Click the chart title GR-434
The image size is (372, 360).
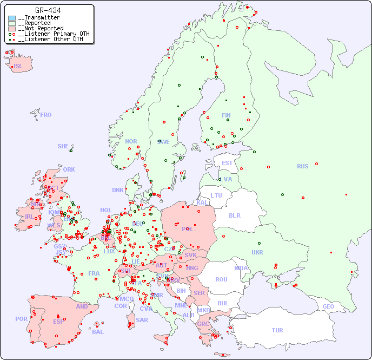pos(48,10)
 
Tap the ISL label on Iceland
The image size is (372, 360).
pos(18,67)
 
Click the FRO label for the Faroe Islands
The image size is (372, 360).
pos(46,115)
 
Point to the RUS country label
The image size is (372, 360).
pos(302,166)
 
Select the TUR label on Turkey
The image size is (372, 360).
pos(277,330)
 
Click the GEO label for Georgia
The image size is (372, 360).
pos(328,306)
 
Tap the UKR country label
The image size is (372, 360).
pos(257,252)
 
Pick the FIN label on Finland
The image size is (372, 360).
pos(226,115)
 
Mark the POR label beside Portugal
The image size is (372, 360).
pos(21,319)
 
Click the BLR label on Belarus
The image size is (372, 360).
pos(234,215)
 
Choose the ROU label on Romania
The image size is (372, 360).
pos(221,279)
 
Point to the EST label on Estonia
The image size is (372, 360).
pos(227,163)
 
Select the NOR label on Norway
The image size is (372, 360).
pos(131,141)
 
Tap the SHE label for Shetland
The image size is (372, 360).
pos(63,146)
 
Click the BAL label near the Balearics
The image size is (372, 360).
pos(98,332)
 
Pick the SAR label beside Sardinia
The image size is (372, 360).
pos(142,320)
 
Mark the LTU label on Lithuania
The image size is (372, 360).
pos(216,195)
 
